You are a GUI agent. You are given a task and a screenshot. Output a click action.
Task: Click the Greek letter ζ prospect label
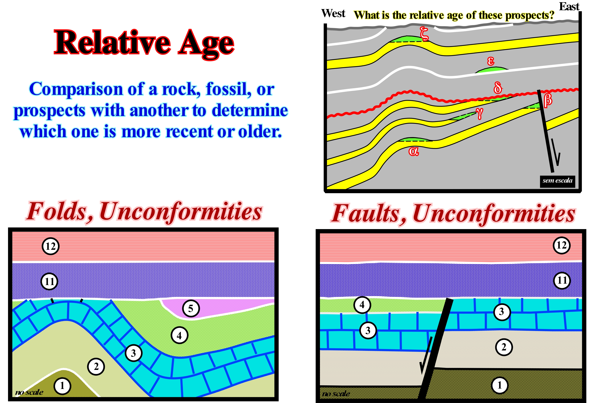[424, 34]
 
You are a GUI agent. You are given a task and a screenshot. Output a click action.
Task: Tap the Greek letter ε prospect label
[491, 61]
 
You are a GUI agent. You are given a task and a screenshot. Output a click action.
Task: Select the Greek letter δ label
[498, 88]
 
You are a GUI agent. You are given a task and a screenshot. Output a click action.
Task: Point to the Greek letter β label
[548, 100]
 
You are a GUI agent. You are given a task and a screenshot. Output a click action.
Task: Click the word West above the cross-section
[333, 13]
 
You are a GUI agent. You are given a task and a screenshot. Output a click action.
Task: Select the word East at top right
[569, 6]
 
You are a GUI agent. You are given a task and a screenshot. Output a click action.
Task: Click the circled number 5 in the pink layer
[191, 309]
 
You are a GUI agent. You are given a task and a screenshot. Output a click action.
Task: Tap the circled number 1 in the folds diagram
[62, 386]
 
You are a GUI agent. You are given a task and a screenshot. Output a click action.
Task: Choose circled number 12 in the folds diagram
[51, 246]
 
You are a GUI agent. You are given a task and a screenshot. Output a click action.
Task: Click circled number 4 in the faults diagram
[362, 305]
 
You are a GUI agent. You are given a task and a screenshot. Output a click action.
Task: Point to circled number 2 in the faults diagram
[504, 347]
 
